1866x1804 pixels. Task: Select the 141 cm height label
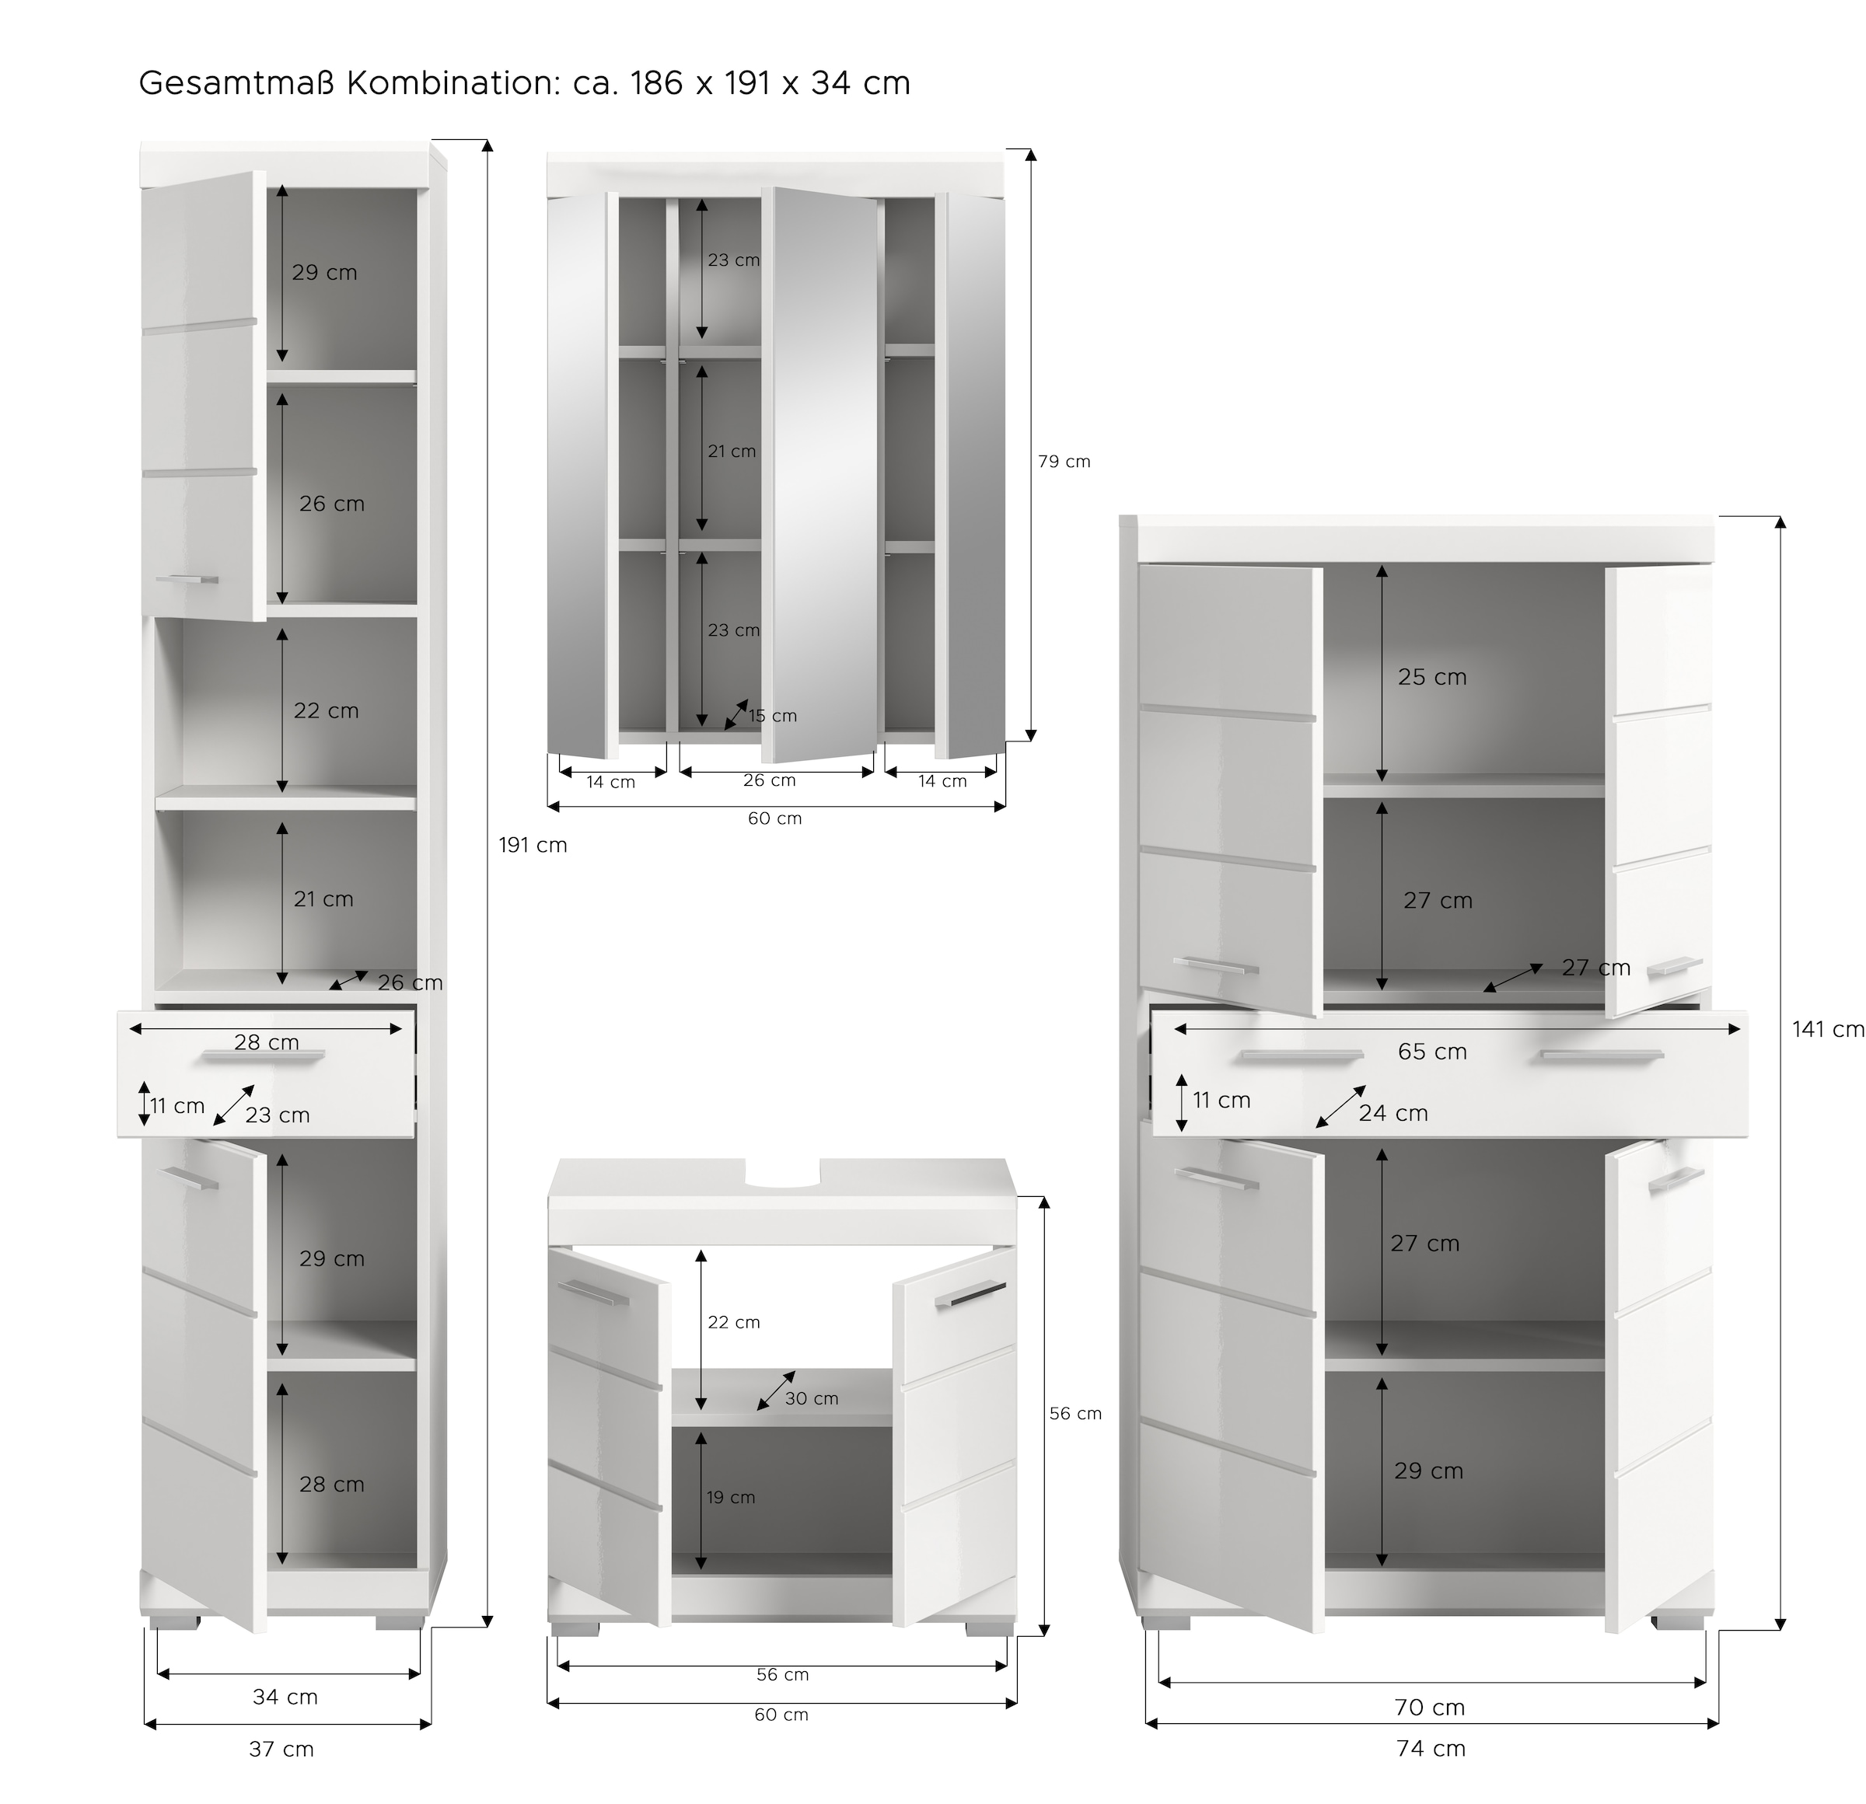[x=1827, y=1029]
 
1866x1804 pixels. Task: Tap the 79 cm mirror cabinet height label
[x=1064, y=462]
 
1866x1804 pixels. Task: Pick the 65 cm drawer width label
[x=1432, y=1052]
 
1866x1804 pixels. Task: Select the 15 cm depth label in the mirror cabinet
[x=772, y=716]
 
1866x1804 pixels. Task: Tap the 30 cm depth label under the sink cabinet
[x=811, y=1398]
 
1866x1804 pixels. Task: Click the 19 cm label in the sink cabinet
[x=730, y=1498]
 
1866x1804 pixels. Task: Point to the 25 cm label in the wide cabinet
[x=1432, y=677]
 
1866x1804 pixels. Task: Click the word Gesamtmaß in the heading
[x=237, y=84]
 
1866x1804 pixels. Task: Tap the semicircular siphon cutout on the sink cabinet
[x=783, y=1178]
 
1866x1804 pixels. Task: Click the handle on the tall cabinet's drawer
[x=264, y=1055]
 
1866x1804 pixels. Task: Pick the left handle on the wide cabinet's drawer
[x=1302, y=1055]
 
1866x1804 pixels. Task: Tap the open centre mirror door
[x=822, y=476]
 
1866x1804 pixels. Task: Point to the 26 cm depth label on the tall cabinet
[x=410, y=982]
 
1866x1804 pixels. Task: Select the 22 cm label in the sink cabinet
[x=733, y=1322]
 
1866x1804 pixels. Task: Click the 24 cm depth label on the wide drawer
[x=1393, y=1113]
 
